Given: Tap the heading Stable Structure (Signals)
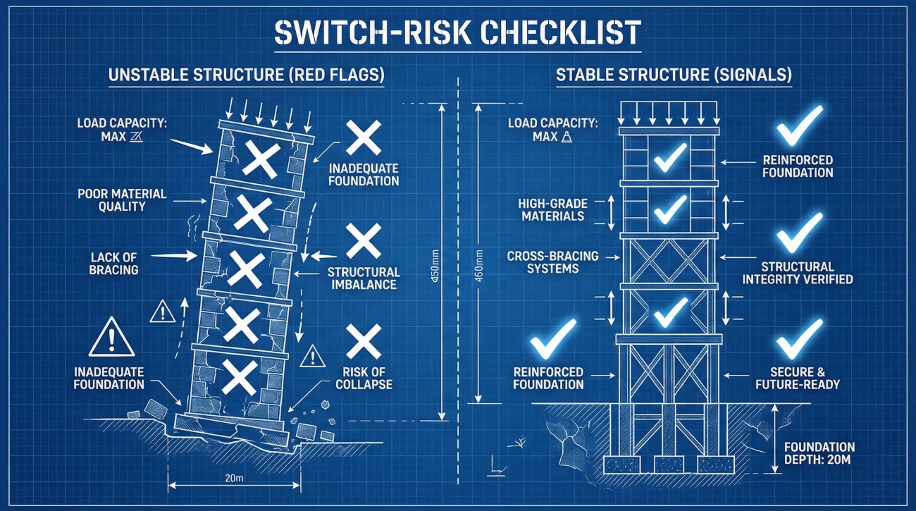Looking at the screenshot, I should tap(674, 75).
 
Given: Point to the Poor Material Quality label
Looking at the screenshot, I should tap(121, 199).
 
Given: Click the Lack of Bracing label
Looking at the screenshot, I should tap(114, 263).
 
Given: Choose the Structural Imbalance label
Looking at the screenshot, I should tap(364, 278).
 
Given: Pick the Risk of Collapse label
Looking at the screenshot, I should tap(364, 378).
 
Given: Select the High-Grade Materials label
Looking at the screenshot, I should tap(553, 210).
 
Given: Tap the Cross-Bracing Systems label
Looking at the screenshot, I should tap(553, 261).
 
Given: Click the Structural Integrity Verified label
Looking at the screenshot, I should tap(798, 273).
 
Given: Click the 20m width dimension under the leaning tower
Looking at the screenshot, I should tap(233, 479).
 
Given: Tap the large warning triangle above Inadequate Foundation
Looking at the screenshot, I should tap(111, 338).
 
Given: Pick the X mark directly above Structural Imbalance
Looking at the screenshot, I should tap(364, 241).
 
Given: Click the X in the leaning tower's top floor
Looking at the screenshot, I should tap(260, 159).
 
